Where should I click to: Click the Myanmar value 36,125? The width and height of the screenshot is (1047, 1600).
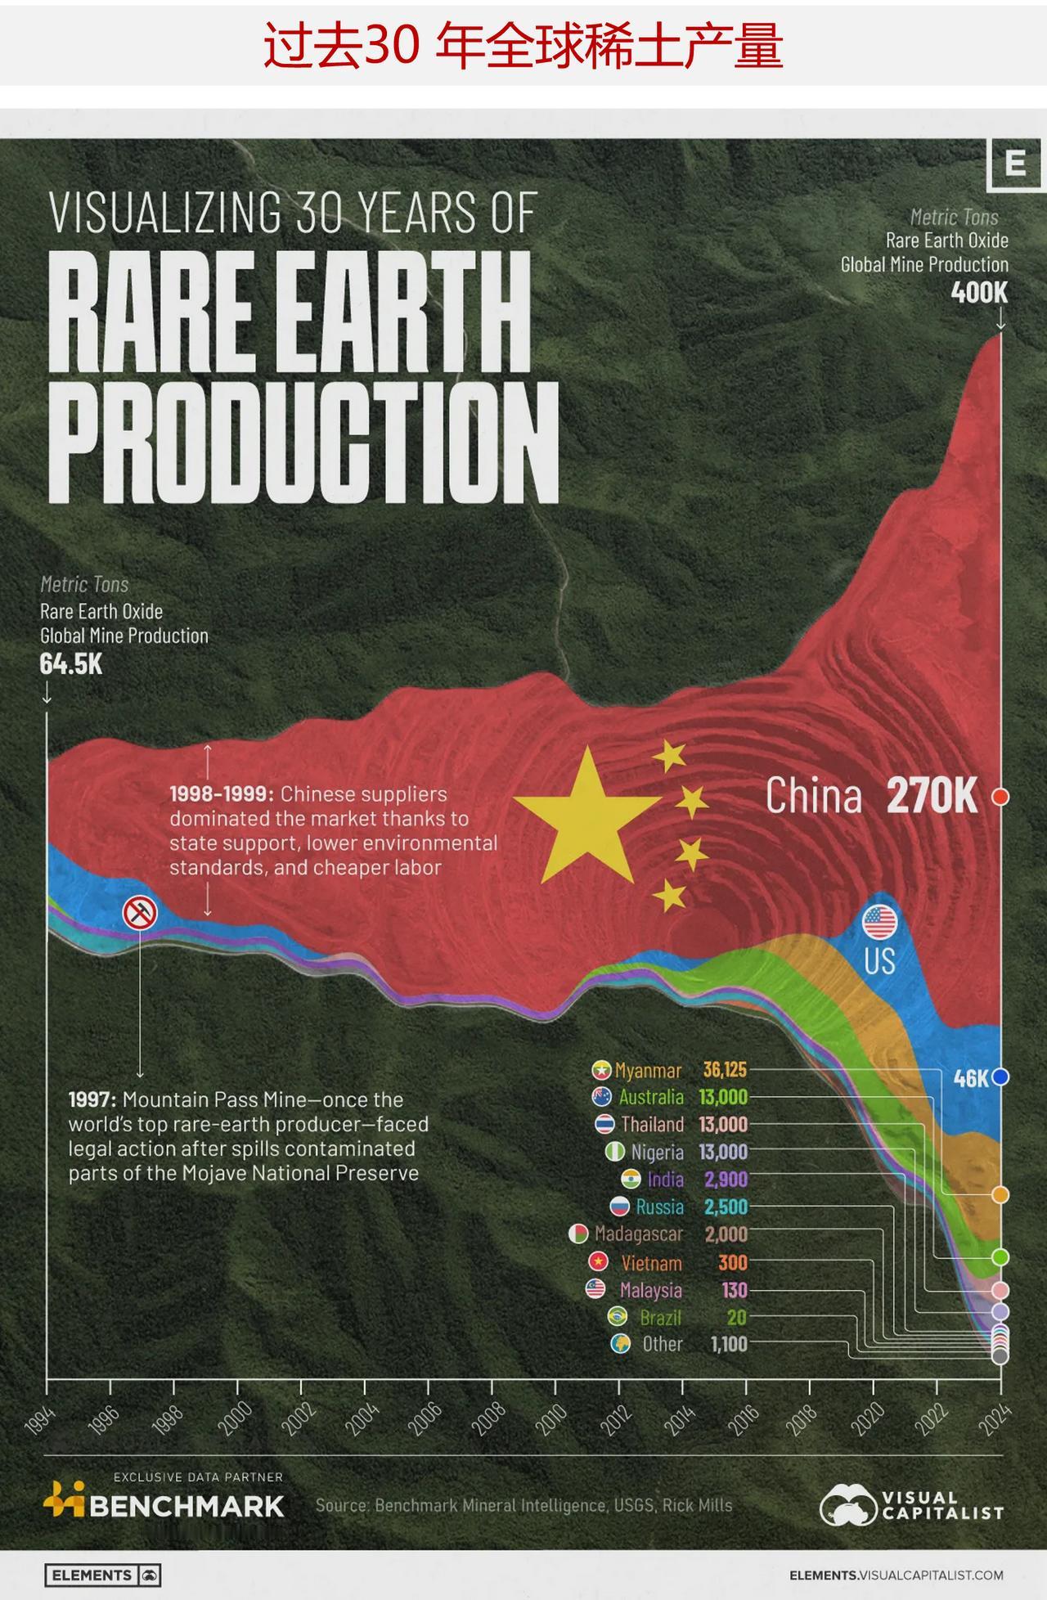point(725,1070)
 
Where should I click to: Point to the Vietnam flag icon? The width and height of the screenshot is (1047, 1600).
point(599,1262)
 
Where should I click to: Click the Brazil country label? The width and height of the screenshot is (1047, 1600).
point(660,1317)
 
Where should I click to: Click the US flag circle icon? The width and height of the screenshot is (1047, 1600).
point(880,923)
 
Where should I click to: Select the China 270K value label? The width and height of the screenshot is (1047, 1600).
point(931,796)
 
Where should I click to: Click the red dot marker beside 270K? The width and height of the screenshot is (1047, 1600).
point(1000,797)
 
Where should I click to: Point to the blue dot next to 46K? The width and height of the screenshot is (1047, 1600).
point(1000,1077)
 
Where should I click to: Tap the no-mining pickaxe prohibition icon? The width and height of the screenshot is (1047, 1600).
point(140,912)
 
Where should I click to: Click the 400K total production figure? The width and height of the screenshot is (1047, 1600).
point(979,292)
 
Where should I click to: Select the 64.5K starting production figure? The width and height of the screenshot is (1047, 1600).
point(71,663)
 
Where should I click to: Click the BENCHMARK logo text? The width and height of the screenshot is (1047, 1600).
point(186,1506)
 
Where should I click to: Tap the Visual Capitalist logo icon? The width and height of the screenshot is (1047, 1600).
point(847,1505)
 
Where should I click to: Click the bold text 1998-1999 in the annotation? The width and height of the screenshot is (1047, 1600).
point(221,793)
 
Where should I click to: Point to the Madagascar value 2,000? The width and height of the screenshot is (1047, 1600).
point(726,1234)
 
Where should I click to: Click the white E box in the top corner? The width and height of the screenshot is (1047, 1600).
point(1015,164)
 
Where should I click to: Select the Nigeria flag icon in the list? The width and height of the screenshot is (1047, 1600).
point(613,1152)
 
